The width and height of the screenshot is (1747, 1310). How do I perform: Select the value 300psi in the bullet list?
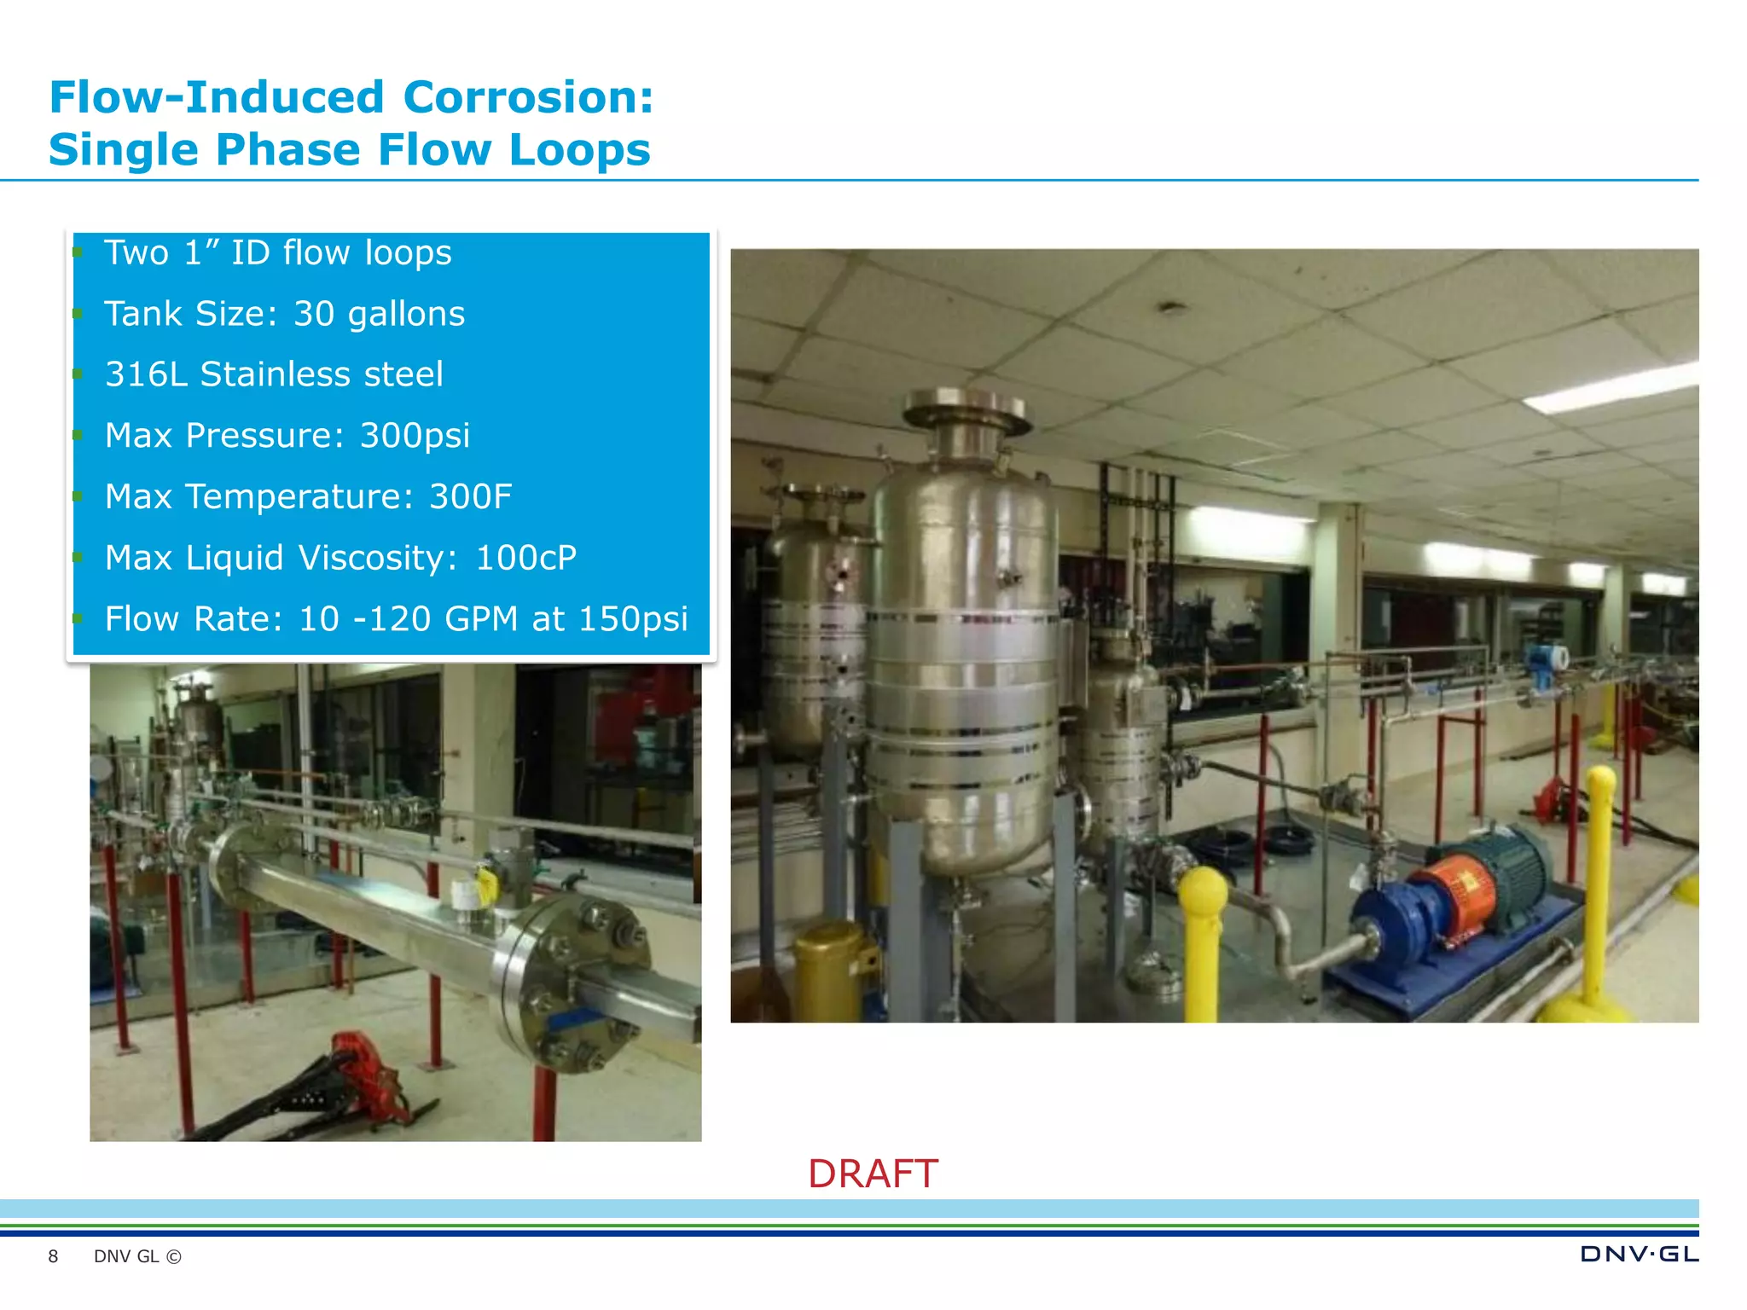coord(415,436)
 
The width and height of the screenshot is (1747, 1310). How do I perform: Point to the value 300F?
coord(470,496)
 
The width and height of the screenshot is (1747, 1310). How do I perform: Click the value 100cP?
coord(525,558)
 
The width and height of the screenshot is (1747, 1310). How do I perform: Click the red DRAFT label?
coord(873,1174)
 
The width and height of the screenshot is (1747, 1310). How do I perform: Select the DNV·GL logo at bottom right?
coord(1639,1254)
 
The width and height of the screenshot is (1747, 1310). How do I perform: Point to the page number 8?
coord(53,1256)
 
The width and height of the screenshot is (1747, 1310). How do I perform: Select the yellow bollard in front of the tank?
coord(1203,938)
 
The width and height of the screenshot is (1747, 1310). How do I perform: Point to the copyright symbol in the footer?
coord(174,1256)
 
